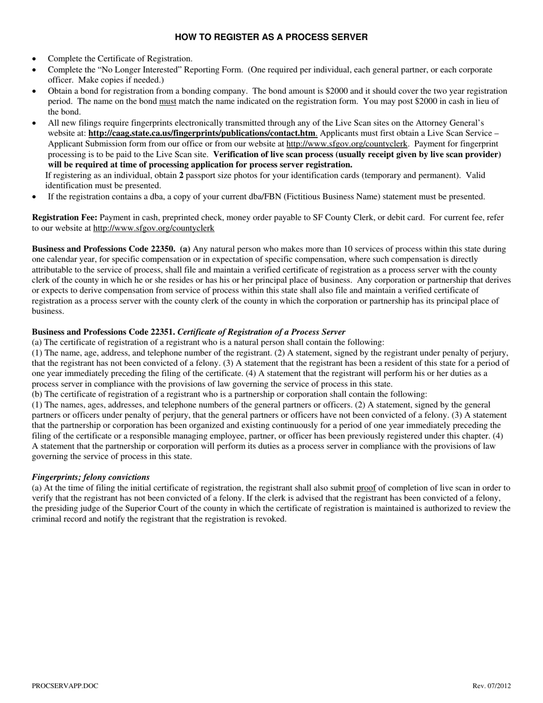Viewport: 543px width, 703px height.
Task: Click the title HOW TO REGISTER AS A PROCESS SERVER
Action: pos(271,37)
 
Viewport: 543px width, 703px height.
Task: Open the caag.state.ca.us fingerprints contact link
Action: pos(202,133)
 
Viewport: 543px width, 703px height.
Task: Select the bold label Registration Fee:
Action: pos(65,217)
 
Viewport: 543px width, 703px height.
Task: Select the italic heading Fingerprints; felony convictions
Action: pos(91,477)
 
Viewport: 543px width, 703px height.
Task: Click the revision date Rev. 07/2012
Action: pos(492,685)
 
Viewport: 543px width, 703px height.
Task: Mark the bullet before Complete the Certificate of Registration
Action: pos(36,59)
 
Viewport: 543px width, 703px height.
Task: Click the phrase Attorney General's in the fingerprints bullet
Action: pos(449,122)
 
